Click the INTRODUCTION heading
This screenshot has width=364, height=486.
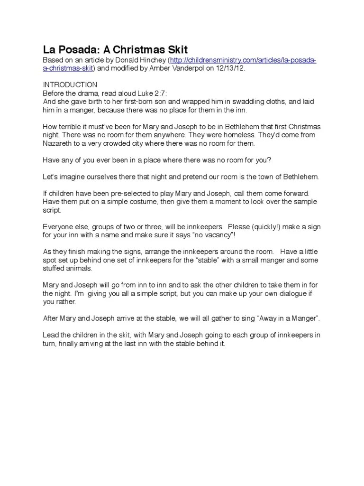(x=70, y=85)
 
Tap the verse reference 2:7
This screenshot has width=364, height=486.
(x=160, y=93)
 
